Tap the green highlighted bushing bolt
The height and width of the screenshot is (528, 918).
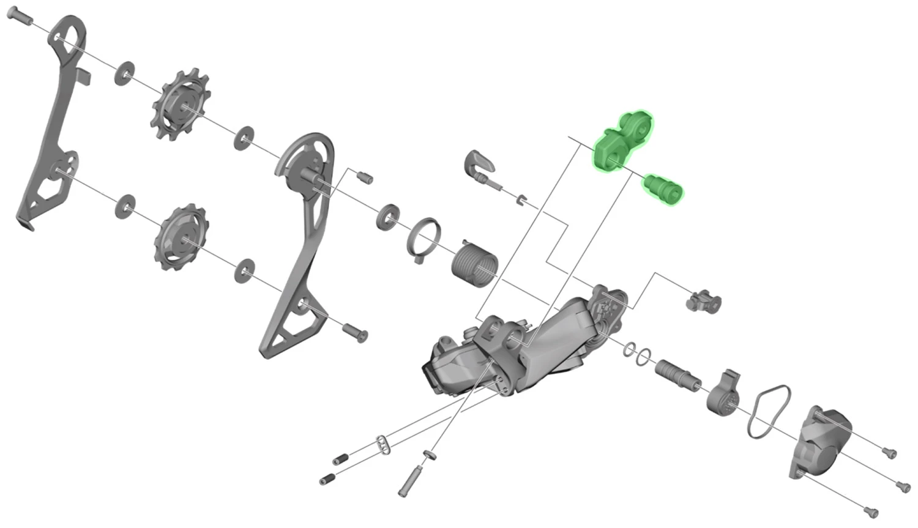pos(663,187)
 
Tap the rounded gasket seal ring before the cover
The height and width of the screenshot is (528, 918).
pos(769,412)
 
